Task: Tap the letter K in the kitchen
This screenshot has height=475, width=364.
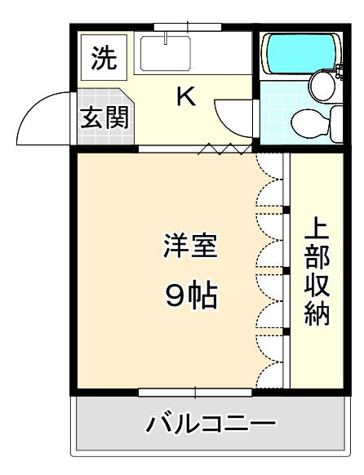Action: pos(186,98)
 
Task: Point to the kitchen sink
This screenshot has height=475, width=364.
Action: pos(166,53)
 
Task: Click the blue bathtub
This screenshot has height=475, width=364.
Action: pos(298,52)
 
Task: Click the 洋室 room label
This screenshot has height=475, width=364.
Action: pos(190,246)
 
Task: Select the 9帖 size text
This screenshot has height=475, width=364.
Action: pos(190,295)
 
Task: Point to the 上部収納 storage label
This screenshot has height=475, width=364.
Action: pos(317,271)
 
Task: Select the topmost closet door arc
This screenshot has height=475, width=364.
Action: pos(269,172)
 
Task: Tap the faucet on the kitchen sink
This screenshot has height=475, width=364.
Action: pos(166,38)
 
